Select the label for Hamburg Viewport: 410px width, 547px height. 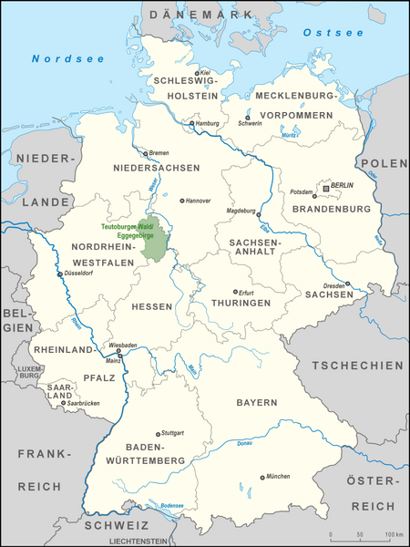pyautogui.click(x=209, y=124)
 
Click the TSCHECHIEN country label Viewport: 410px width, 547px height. pyautogui.click(x=357, y=365)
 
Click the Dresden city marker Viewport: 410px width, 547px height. pyautogui.click(x=347, y=284)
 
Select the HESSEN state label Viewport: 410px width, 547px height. pyautogui.click(x=152, y=306)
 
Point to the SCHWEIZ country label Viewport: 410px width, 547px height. pyautogui.click(x=118, y=526)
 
